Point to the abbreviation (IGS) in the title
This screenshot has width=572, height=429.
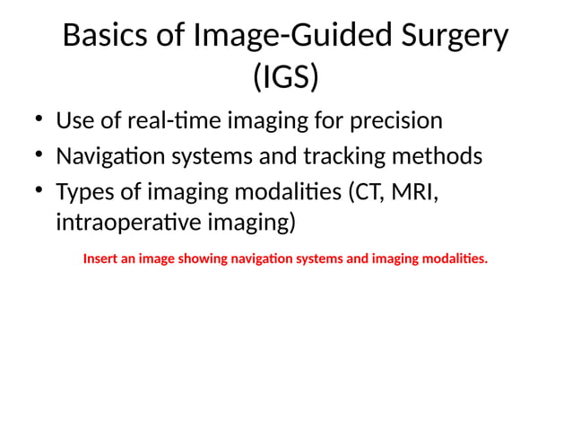tap(286, 78)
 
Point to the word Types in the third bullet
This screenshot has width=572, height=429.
tap(83, 193)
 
